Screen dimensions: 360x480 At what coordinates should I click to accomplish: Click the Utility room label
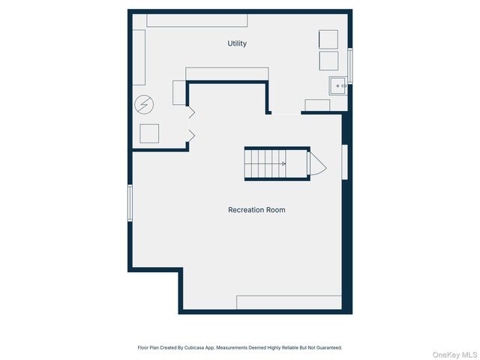pos(237,43)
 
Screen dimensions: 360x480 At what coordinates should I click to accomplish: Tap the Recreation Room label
pos(256,210)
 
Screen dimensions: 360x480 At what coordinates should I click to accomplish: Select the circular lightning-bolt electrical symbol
pos(142,105)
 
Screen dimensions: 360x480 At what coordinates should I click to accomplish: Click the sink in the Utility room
pos(337,86)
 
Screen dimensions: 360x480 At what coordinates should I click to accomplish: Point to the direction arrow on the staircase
pos(283,163)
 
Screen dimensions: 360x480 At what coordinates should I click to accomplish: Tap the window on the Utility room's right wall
pos(350,66)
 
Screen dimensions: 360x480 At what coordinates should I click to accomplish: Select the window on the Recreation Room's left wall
pos(130,203)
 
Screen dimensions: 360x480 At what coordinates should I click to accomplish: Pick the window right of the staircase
pos(344,162)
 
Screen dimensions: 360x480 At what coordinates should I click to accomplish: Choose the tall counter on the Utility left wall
pos(139,58)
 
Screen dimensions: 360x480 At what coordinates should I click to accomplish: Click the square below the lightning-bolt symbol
pos(150,133)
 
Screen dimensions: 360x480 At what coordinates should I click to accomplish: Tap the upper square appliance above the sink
pos(328,39)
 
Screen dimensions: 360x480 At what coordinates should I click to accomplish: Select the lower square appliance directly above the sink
pos(328,61)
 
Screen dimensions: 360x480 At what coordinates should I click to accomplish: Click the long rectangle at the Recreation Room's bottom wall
pos(289,302)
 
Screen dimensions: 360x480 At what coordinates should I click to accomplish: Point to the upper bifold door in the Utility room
pos(190,112)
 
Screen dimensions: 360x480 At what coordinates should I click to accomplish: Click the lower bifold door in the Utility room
pos(190,136)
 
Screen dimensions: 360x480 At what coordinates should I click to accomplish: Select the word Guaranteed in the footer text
pos(327,348)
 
